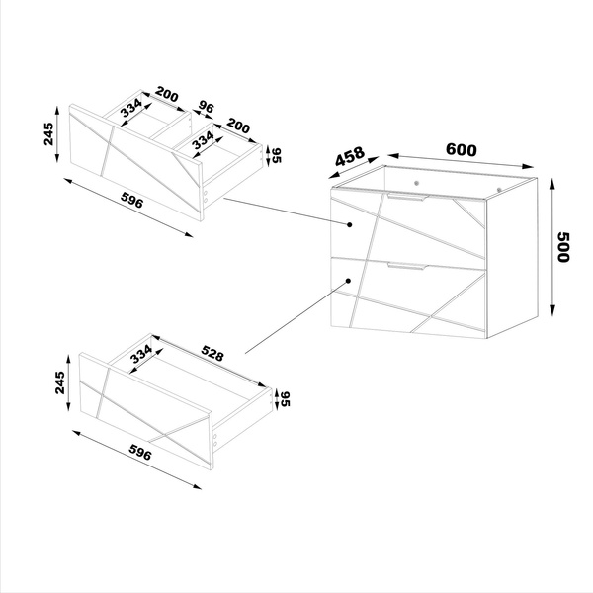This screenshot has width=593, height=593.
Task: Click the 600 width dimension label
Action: pyautogui.click(x=461, y=150)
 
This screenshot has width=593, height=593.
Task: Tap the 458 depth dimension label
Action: pyautogui.click(x=350, y=158)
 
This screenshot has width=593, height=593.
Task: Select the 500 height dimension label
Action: pyautogui.click(x=564, y=246)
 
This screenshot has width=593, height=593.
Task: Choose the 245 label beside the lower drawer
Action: pyautogui.click(x=59, y=382)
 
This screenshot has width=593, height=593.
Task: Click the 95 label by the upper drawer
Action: pyautogui.click(x=276, y=155)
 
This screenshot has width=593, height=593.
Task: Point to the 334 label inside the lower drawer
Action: pyautogui.click(x=141, y=352)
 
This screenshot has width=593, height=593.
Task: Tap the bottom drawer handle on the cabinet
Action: pyautogui.click(x=407, y=266)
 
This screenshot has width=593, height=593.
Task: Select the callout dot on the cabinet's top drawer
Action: pyautogui.click(x=352, y=225)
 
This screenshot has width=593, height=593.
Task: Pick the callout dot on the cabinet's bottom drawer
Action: pyautogui.click(x=352, y=282)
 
